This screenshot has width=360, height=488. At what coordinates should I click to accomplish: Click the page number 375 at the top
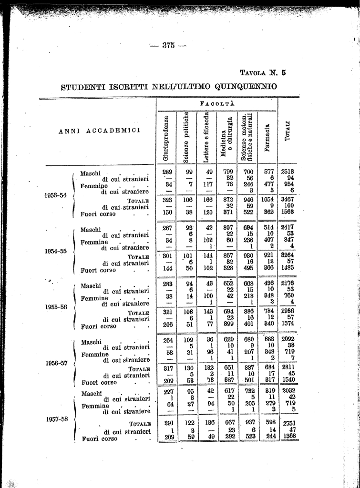coord(168,46)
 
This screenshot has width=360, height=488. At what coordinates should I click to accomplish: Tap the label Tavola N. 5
coord(263,73)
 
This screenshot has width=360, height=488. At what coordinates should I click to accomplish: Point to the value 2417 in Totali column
coord(288,227)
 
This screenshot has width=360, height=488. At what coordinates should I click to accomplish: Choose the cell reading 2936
coord(288,312)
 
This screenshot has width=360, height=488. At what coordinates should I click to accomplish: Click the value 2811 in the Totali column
coord(288,367)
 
